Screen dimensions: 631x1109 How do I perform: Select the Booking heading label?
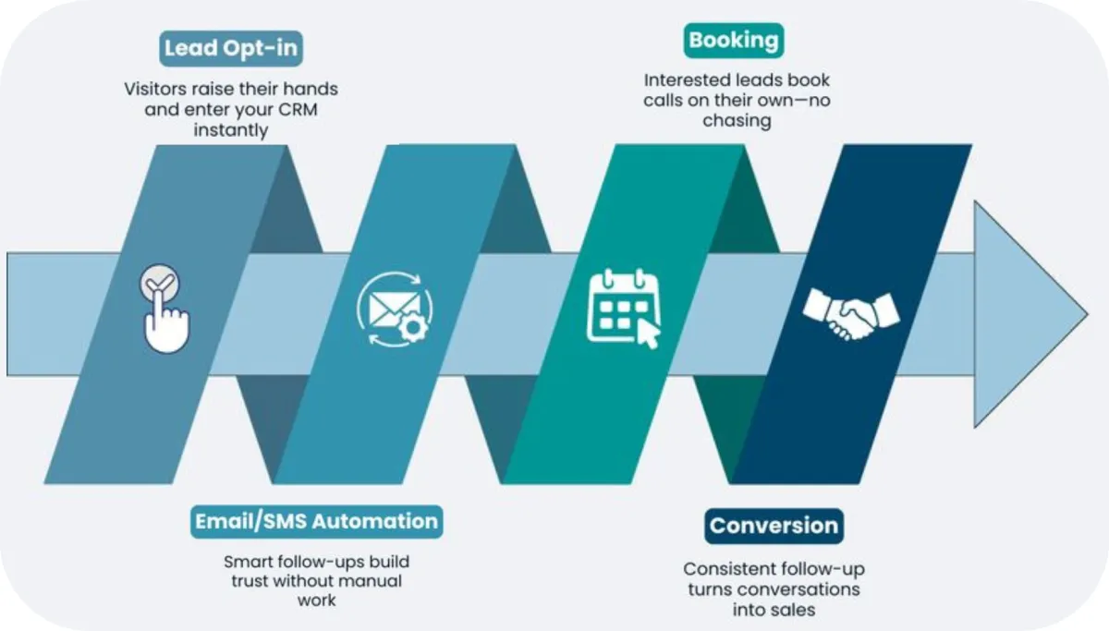coord(734,41)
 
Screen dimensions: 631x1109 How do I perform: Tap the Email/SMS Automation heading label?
coord(316,521)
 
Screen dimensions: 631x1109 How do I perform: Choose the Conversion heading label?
coord(774,526)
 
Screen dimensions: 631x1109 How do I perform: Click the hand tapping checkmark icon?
coord(165,310)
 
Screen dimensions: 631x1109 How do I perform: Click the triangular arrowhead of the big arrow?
coord(1026,314)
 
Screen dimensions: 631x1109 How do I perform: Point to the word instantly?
coord(231,130)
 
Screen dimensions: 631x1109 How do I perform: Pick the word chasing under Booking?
coord(737,120)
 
